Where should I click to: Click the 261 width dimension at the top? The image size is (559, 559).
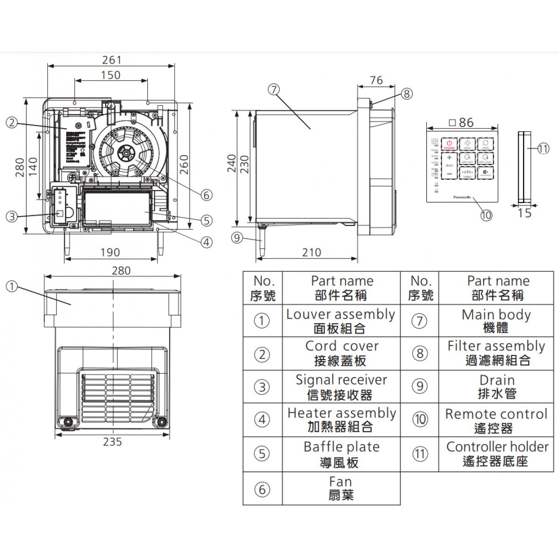click(x=112, y=60)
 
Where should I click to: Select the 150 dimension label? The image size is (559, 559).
click(x=111, y=75)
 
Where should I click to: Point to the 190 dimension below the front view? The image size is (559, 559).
click(x=110, y=252)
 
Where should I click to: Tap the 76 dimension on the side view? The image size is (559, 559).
click(x=376, y=81)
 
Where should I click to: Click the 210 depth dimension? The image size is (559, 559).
click(x=311, y=252)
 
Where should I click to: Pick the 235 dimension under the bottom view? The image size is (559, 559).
click(x=112, y=442)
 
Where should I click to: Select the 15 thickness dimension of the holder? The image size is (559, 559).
click(x=525, y=213)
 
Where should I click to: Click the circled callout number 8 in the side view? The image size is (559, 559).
click(x=407, y=94)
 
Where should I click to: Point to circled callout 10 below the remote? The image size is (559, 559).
click(x=486, y=215)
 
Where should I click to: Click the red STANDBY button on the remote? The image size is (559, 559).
click(x=449, y=144)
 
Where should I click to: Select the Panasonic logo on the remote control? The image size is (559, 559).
click(x=462, y=197)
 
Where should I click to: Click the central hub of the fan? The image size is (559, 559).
click(x=125, y=151)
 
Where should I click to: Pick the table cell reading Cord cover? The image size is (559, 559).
click(x=341, y=353)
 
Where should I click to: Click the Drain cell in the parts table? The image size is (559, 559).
click(x=497, y=387)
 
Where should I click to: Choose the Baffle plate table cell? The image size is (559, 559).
click(x=341, y=454)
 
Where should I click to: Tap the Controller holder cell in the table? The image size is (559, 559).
click(x=497, y=454)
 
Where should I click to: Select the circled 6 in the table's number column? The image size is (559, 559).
click(x=262, y=489)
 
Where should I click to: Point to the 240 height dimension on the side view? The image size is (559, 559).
click(x=232, y=164)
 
